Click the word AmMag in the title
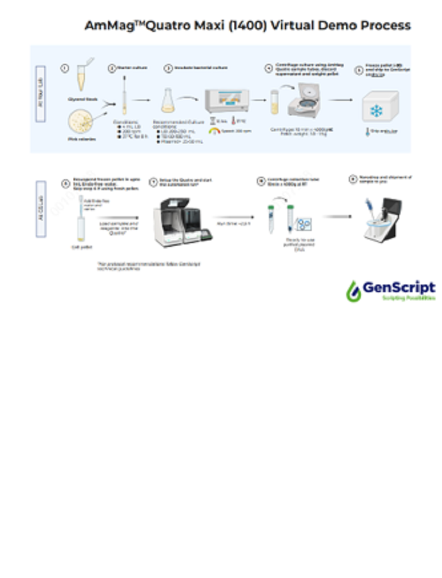[105, 26]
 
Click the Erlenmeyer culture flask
[169, 100]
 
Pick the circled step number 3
[168, 68]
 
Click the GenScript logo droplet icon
[353, 291]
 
